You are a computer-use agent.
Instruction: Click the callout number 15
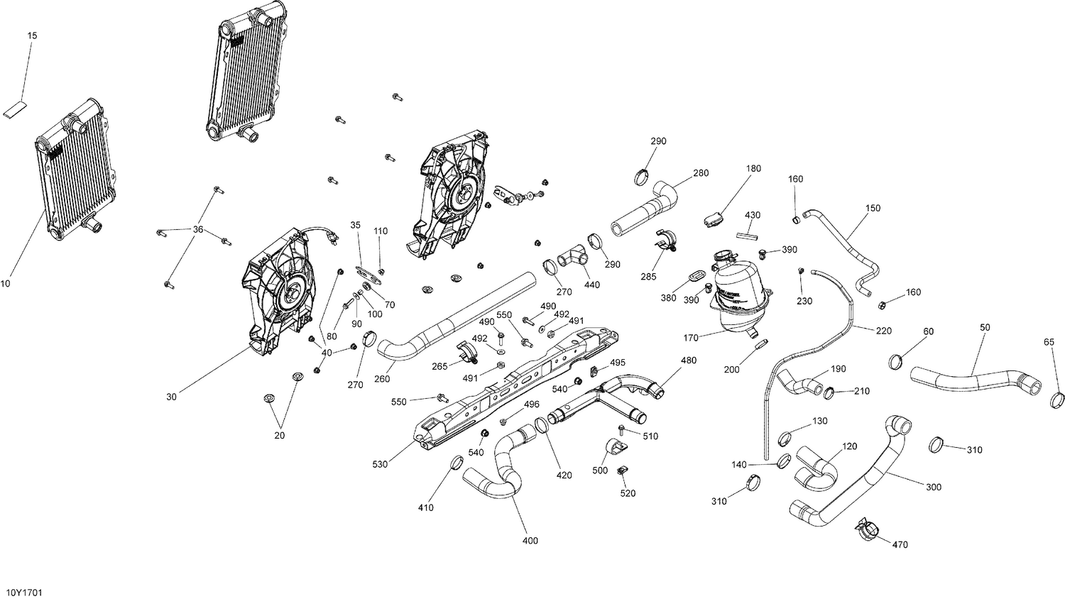[x=33, y=35]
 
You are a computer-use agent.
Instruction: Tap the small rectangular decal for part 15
[x=15, y=109]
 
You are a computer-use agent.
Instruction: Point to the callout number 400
[x=530, y=541]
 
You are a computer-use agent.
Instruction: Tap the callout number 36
[x=198, y=229]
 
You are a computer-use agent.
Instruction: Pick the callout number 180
[x=753, y=168]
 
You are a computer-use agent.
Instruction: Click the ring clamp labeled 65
[x=1056, y=401]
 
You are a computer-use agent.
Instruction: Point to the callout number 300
[x=934, y=487]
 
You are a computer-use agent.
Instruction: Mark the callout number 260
[x=382, y=379]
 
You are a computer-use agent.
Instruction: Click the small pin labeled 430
[x=748, y=231]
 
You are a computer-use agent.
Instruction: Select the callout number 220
[x=884, y=331]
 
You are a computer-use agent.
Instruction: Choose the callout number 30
[x=171, y=397]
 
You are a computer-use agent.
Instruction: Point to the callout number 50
[x=985, y=327]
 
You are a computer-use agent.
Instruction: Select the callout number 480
[x=688, y=361]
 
